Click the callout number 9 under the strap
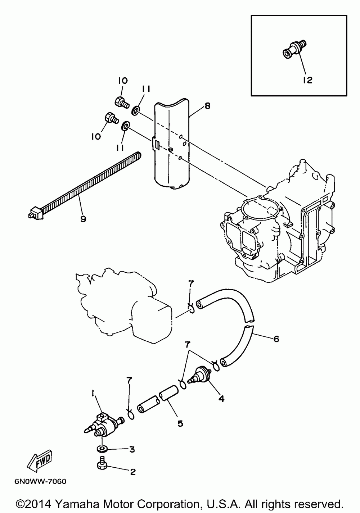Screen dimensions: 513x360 pos(83,219)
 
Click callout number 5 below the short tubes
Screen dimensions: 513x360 pos(180,423)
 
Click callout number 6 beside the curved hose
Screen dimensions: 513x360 pos(276,339)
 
